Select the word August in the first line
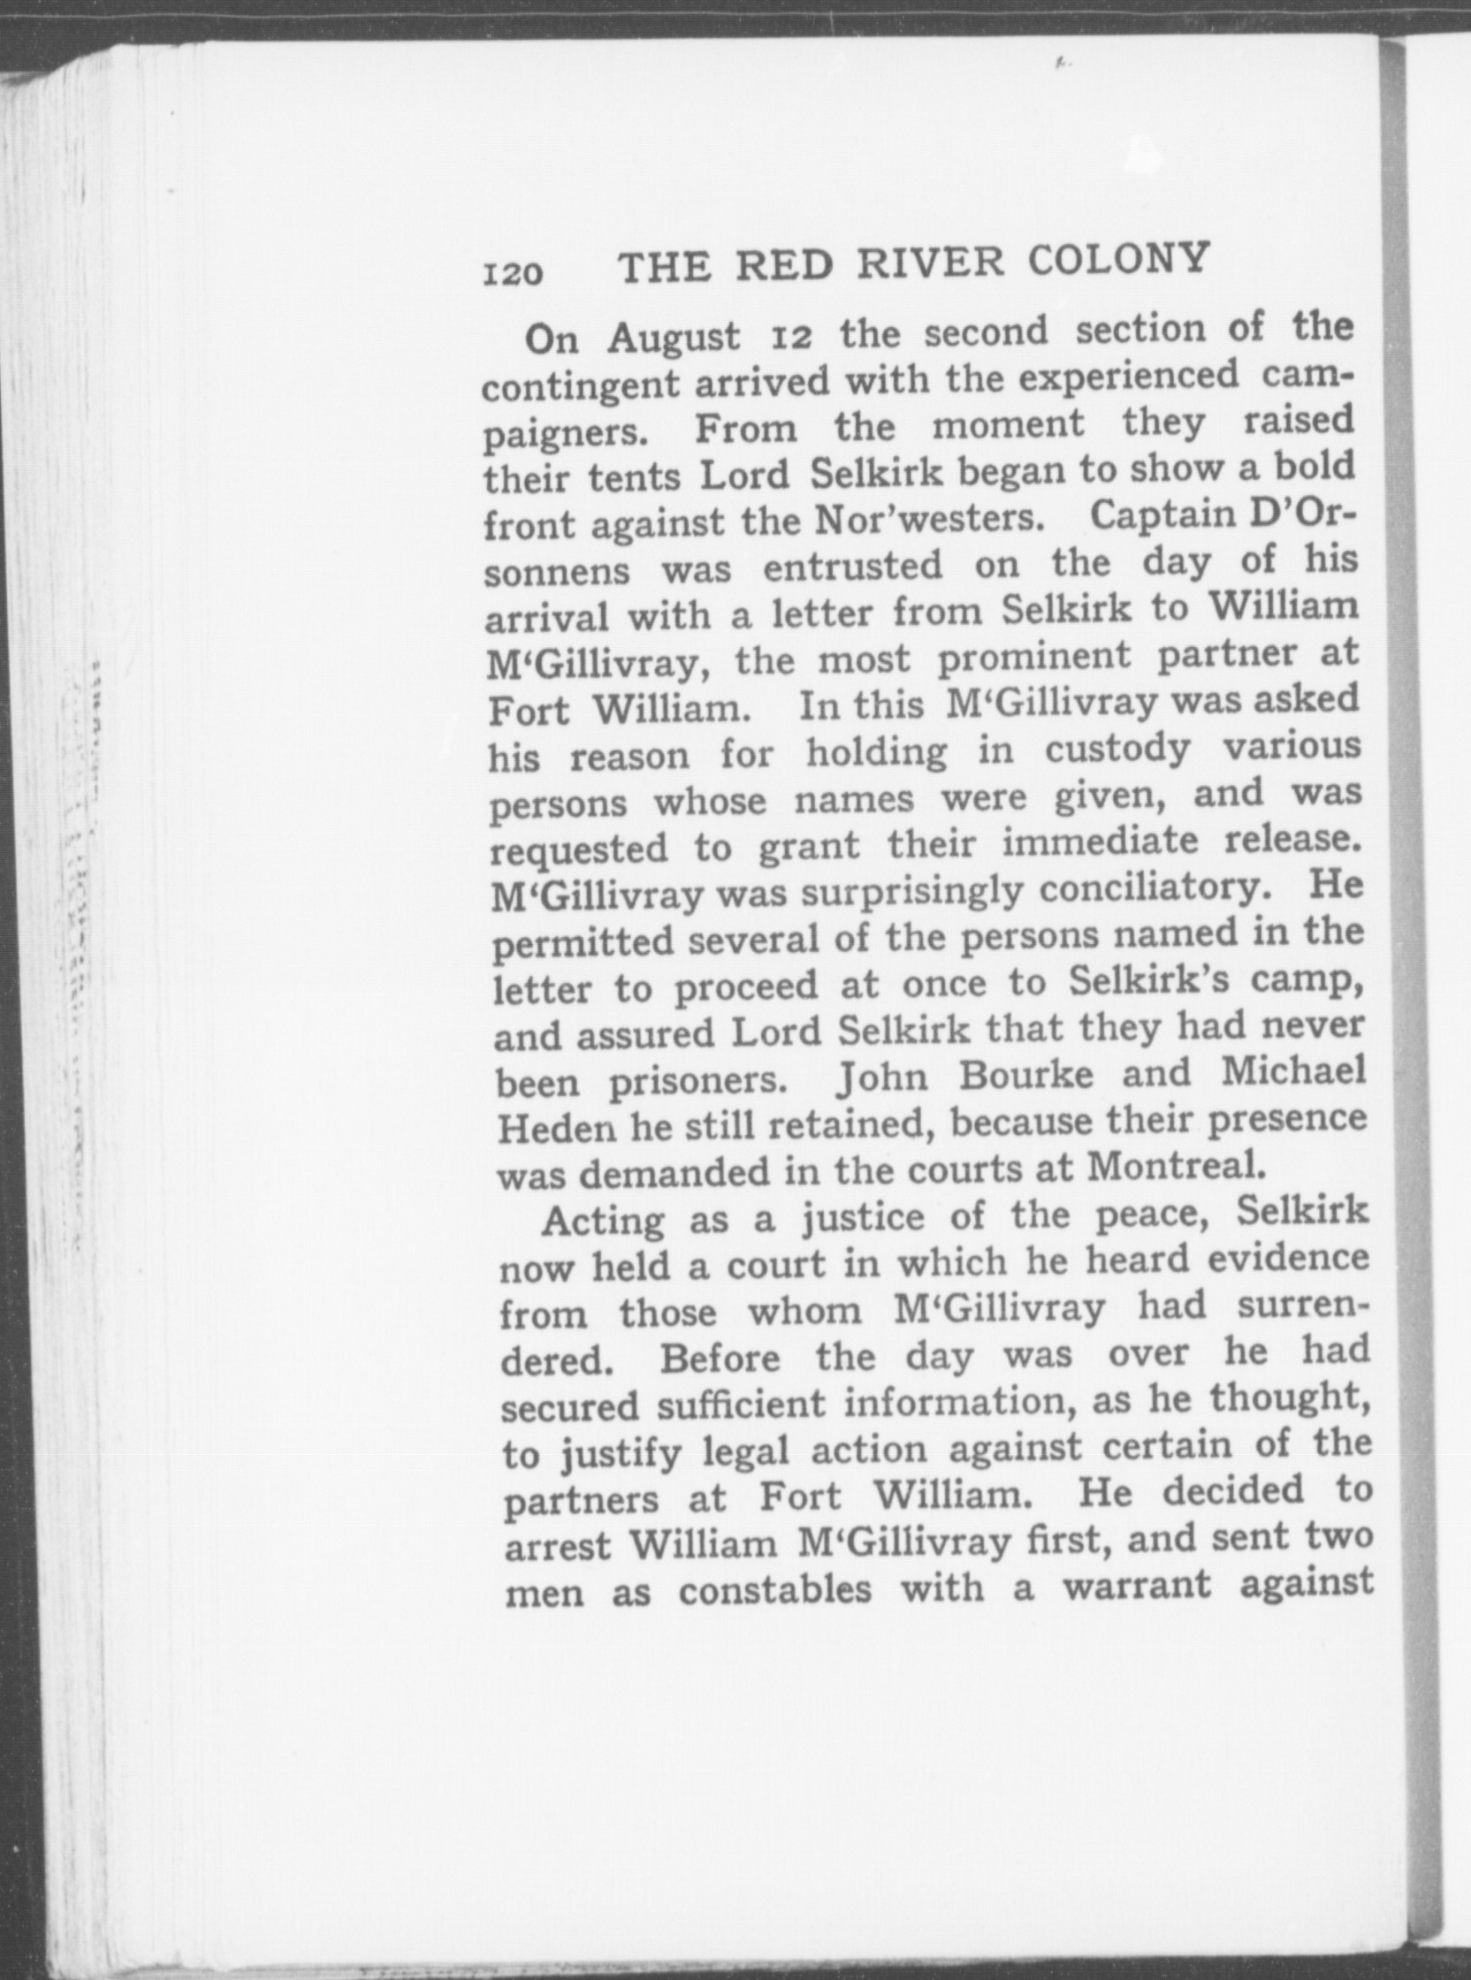[x=674, y=339]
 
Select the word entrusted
[x=852, y=567]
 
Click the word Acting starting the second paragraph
[x=604, y=1221]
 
